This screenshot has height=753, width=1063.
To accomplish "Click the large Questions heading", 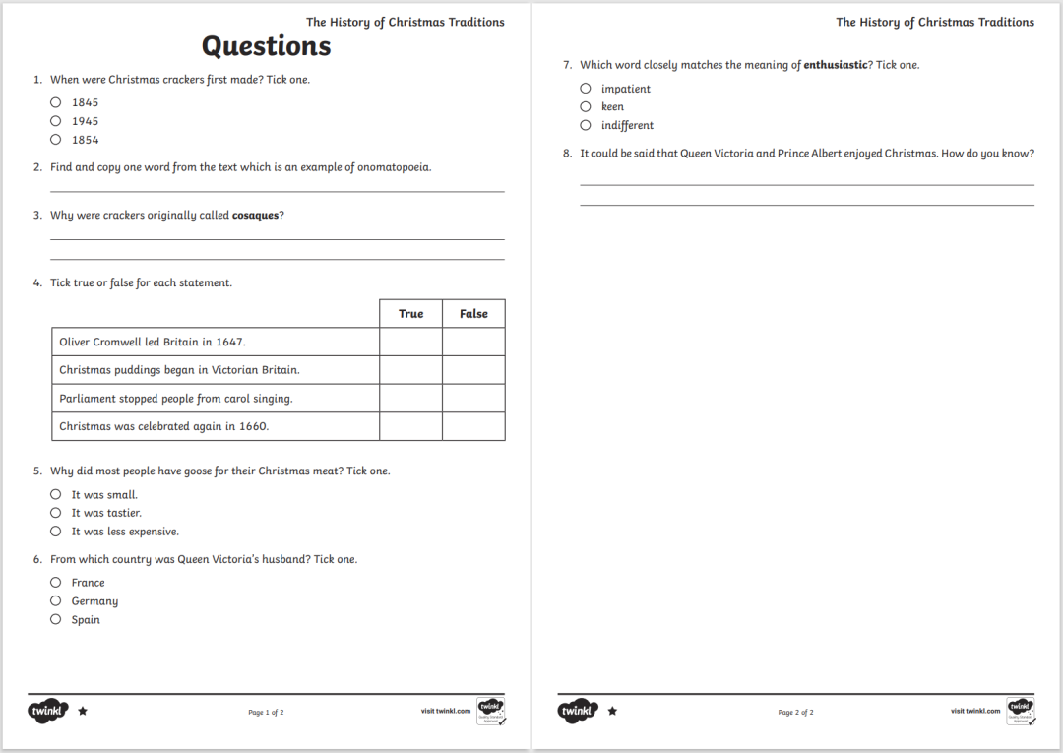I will [x=266, y=46].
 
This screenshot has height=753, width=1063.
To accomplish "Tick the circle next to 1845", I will [x=56, y=102].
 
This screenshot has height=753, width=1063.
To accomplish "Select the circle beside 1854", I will [x=56, y=140].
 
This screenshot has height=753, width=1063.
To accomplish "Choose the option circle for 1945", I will [x=56, y=121].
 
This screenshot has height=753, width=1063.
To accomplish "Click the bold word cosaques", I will [x=255, y=216].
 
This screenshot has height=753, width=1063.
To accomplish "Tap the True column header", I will [x=410, y=314].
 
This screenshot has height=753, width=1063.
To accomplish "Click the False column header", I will [x=473, y=314].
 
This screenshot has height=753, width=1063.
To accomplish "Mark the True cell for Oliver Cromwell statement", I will [x=410, y=342].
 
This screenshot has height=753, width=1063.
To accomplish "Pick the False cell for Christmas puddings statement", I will [x=473, y=370].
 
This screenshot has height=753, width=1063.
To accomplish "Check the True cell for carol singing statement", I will [x=410, y=399].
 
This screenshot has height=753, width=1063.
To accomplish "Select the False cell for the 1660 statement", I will [x=473, y=426].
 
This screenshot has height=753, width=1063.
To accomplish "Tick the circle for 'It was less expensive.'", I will [x=56, y=532].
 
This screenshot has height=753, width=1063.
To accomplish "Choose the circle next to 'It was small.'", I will [x=56, y=495].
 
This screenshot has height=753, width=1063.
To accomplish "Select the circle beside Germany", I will [x=56, y=601].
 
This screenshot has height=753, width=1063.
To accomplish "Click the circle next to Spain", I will [x=56, y=620].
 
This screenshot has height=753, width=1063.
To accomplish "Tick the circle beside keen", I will [x=586, y=106].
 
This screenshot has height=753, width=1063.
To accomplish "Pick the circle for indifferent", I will [x=586, y=125].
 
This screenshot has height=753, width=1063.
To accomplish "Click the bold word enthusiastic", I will [x=836, y=65].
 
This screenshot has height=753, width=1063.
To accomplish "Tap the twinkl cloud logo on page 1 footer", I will [x=48, y=711].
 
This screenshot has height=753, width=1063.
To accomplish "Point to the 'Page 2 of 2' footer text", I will [x=795, y=712].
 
